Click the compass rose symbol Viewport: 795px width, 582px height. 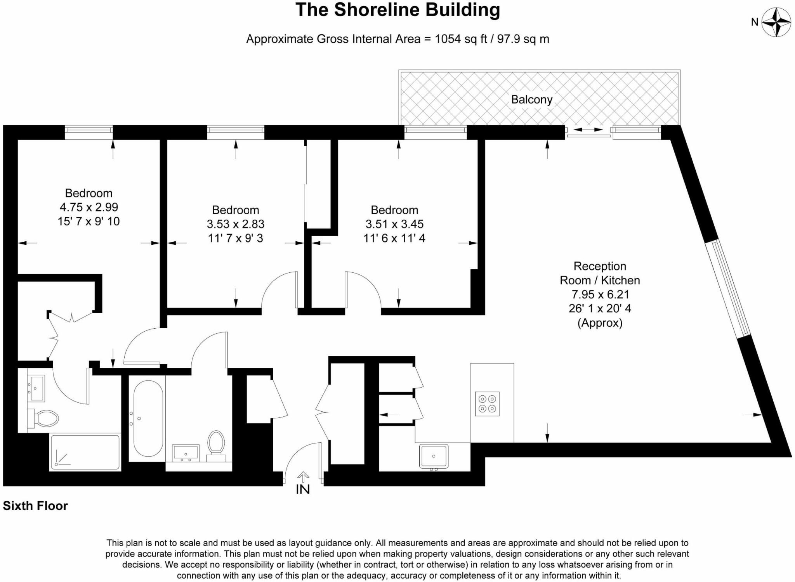coord(776,22)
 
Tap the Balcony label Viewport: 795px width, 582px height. coord(531,100)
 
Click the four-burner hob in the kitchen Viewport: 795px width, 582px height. coord(487,404)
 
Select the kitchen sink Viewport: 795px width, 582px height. coord(434,456)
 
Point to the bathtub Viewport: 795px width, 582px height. coord(148,418)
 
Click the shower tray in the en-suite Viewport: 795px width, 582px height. coord(85,452)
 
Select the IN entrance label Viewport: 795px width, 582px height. coord(303,490)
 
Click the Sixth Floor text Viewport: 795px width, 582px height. coord(35,506)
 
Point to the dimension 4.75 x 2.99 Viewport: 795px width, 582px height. coord(89,207)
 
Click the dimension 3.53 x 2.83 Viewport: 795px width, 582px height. coord(236,224)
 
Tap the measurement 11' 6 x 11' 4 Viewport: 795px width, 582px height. coord(394,238)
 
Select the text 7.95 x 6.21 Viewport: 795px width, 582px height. coord(600,294)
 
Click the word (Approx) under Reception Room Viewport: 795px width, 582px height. coord(600,323)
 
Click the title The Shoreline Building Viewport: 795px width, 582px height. coord(397,10)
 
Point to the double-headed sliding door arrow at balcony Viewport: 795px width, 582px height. coord(588,130)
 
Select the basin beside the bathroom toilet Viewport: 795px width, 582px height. coord(186,453)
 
